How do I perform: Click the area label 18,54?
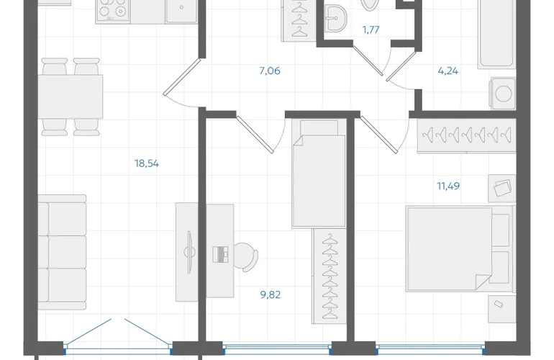coord(147,163)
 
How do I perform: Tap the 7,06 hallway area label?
coord(270,71)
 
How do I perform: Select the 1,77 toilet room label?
coord(371,30)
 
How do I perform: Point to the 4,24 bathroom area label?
coord(448,71)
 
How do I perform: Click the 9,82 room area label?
coord(271,294)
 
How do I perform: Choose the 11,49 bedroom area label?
coord(448,186)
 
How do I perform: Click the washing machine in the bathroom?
coord(502,94)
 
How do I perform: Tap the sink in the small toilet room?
coord(336,19)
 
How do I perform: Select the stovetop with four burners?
coord(113,11)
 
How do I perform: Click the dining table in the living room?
coord(71,96)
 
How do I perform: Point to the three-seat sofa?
coord(62,252)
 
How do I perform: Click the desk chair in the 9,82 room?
coord(245,257)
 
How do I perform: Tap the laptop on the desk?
coord(220,254)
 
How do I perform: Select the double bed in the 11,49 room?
coord(460,249)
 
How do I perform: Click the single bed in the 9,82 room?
coord(319,174)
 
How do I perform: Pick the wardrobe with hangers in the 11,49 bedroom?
coord(466,136)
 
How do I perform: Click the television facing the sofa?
coord(190,252)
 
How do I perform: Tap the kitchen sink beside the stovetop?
coord(181,11)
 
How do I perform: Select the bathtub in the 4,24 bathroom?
coord(496,34)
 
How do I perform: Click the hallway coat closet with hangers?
coord(299,20)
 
